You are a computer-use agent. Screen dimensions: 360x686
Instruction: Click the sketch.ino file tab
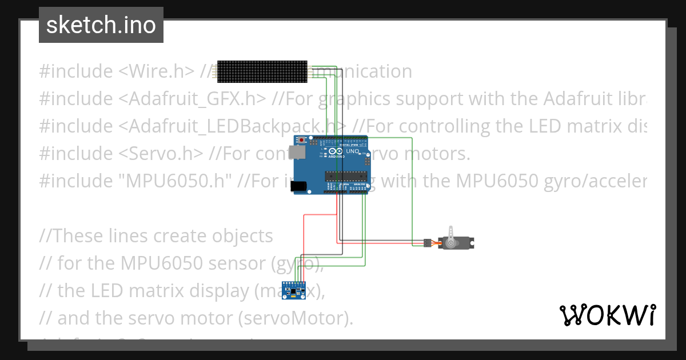101,25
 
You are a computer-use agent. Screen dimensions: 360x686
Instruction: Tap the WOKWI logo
607,315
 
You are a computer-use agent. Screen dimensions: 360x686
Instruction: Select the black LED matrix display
263,71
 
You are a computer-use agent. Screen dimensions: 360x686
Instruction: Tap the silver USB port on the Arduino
296,152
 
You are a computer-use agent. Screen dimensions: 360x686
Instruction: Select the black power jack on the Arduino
298,186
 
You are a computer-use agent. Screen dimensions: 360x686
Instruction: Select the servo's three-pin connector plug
427,243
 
